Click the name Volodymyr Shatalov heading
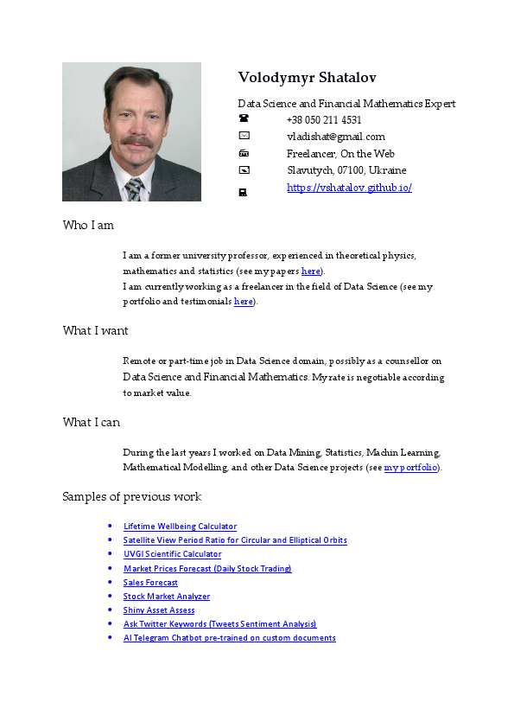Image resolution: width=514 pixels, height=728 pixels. (x=307, y=78)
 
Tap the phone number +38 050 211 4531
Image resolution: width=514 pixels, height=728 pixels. (x=324, y=120)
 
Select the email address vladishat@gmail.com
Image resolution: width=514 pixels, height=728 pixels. (x=335, y=137)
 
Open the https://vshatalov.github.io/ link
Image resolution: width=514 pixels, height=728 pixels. (x=349, y=187)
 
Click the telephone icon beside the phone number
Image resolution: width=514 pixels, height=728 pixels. (x=244, y=120)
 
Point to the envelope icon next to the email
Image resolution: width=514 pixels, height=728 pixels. (x=244, y=137)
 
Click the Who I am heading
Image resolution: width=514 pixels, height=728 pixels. (x=88, y=226)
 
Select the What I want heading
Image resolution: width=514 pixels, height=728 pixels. (x=95, y=330)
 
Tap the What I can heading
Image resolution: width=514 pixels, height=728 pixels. (x=91, y=423)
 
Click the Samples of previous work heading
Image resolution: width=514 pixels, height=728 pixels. (x=131, y=497)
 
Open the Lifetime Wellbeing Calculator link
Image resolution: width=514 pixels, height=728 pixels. (x=180, y=527)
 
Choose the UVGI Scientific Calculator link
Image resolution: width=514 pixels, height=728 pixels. (x=172, y=554)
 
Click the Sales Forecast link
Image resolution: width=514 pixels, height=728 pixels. (x=150, y=583)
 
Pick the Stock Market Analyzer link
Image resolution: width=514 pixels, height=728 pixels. (x=167, y=597)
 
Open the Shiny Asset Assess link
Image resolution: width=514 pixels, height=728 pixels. (x=159, y=610)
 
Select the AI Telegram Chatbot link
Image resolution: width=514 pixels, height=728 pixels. (x=229, y=638)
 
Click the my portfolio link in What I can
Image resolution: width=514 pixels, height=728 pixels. (x=411, y=468)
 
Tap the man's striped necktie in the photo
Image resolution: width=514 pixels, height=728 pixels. (x=134, y=188)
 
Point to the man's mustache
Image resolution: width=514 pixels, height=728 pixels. (x=136, y=141)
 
